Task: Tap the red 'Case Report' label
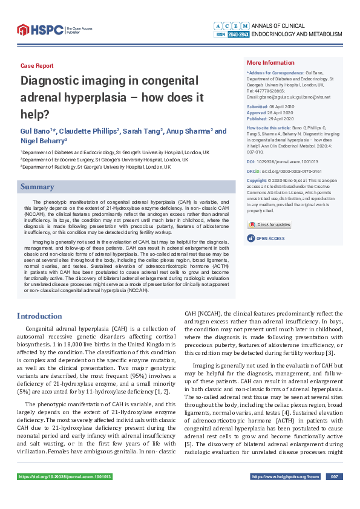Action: coord(37,65)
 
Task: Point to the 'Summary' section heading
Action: coord(38,187)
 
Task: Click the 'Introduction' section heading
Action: coord(39,316)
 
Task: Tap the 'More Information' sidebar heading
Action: coord(270,63)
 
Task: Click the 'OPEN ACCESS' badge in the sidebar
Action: coord(270,238)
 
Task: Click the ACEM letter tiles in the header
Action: coord(231,26)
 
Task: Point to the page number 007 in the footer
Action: coord(333,477)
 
